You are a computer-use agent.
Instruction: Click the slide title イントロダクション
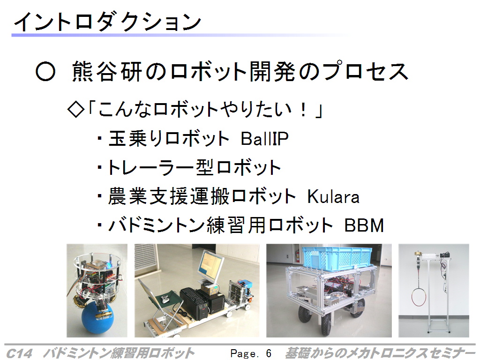[x=107, y=22]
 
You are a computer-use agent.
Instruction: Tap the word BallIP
[x=264, y=139]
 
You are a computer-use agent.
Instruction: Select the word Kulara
[x=333, y=196]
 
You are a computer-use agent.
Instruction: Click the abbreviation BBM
[x=364, y=225]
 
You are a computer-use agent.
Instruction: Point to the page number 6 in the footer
[x=269, y=353]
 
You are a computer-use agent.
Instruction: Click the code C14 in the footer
[x=19, y=353]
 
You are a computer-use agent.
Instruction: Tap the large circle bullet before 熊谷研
[x=45, y=72]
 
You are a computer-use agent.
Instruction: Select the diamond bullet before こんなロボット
[x=75, y=110]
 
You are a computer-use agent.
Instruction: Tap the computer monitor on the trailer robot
[x=210, y=266]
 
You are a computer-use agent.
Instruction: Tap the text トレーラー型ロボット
[x=194, y=167]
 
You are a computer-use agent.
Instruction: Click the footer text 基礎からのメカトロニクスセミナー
[x=380, y=353]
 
